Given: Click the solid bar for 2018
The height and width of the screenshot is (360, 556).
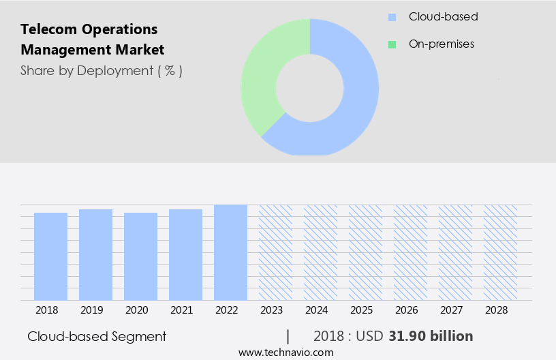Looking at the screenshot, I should click(50, 256).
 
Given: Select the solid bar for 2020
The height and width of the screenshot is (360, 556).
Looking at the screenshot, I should click(140, 256).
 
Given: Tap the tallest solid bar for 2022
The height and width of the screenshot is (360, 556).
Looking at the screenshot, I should click(230, 252).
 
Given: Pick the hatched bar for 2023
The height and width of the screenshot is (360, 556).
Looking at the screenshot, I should click(275, 252).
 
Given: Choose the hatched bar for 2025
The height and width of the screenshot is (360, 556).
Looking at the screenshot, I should click(365, 252).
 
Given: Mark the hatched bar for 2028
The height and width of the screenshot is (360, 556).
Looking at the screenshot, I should click(500, 252).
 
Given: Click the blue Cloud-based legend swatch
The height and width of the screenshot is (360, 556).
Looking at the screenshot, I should click(392, 17).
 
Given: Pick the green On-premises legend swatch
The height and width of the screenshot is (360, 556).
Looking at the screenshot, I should click(392, 44).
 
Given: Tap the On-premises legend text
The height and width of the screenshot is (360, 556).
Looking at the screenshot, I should click(441, 44).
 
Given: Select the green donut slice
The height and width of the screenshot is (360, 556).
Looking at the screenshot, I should click(266, 75).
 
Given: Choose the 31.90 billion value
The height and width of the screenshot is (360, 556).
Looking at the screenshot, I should click(431, 336).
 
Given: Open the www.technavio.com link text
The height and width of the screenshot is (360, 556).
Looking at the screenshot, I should click(285, 352).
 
